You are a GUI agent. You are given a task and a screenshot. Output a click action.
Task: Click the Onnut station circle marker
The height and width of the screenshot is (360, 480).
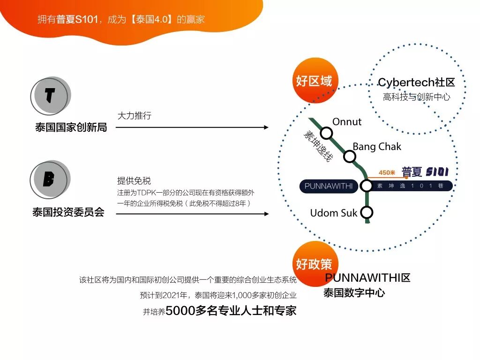tap(326, 134)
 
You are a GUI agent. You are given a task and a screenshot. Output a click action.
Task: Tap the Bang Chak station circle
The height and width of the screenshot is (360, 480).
tap(350, 157)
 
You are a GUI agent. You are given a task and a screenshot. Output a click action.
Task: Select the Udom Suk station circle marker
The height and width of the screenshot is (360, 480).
tap(367, 213)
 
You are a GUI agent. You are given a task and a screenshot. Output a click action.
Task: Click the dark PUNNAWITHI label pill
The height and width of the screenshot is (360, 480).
tap(328, 186)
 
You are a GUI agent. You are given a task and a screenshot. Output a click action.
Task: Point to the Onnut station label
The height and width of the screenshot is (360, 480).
tap(347, 122)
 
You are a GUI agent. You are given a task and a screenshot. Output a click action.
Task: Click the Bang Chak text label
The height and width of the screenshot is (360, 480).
tap(377, 147)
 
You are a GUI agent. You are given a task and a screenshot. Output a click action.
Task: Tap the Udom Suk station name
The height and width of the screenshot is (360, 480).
tap(333, 213)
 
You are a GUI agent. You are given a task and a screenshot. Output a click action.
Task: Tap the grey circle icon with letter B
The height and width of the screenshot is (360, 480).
tap(50, 180)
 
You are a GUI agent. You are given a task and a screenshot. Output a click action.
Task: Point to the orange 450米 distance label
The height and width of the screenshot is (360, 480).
tap(387, 172)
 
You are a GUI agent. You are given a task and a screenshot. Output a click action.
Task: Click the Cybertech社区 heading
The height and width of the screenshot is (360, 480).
tap(416, 83)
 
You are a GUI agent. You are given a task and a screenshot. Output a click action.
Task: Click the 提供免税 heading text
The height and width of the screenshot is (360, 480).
tap(134, 181)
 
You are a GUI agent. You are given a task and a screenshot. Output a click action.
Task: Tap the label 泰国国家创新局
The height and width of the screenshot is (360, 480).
tap(71, 127)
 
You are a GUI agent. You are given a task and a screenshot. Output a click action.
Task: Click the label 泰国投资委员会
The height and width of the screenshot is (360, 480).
tap(68, 212)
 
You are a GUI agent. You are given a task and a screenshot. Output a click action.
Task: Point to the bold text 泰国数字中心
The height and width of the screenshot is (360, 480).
tap(354, 293)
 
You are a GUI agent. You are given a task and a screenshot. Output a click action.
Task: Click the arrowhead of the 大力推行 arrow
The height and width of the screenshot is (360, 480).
tap(266, 127)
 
